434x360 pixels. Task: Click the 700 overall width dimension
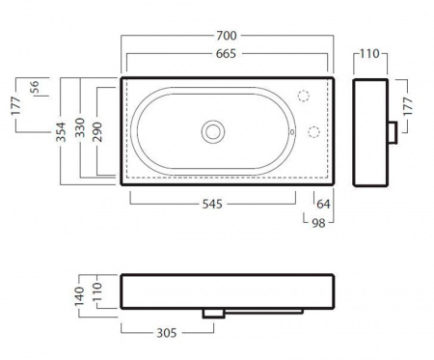click(227, 36)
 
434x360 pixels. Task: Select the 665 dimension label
click(226, 54)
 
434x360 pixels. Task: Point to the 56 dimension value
click(34, 87)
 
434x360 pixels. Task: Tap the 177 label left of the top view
click(15, 105)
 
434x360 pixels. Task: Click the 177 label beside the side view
click(407, 106)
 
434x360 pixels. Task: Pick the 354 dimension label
click(61, 132)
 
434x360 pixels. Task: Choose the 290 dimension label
click(96, 132)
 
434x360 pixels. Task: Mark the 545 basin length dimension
click(212, 204)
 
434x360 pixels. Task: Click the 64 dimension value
click(323, 204)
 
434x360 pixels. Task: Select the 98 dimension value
click(318, 223)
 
